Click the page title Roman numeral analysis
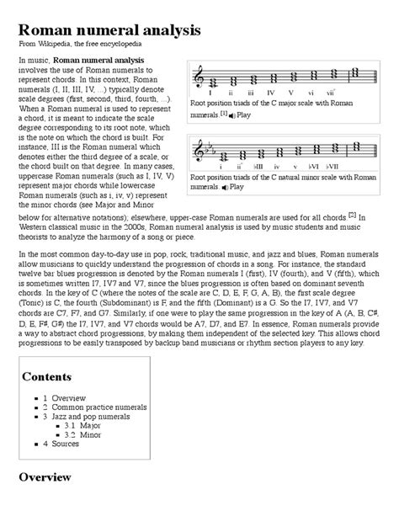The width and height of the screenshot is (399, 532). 109,30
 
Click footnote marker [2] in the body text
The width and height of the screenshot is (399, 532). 351,215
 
